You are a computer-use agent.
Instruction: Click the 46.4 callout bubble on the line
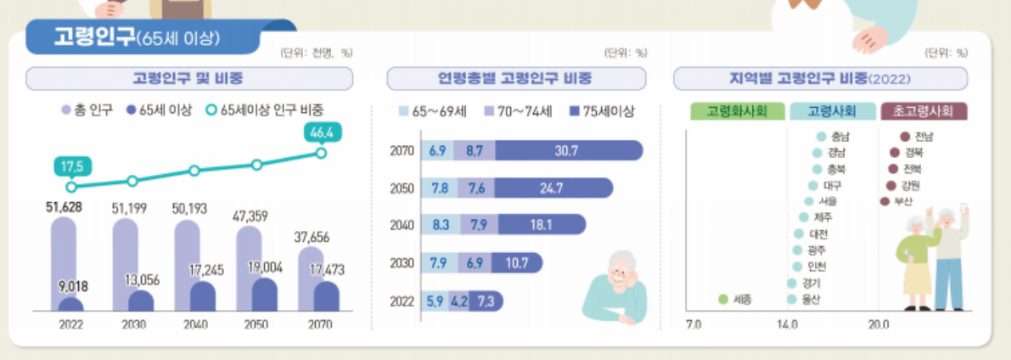click(x=321, y=134)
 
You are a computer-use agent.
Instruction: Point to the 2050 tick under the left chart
click(x=256, y=324)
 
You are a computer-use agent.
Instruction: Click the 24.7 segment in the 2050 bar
click(x=551, y=188)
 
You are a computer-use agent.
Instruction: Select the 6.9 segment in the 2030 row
click(x=474, y=263)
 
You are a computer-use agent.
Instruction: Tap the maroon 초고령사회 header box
click(x=924, y=111)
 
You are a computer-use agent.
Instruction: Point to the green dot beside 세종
click(x=723, y=299)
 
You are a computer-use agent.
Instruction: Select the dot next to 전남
click(x=905, y=136)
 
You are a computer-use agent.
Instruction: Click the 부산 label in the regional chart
click(x=902, y=201)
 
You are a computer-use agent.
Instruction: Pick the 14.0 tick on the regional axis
click(x=787, y=324)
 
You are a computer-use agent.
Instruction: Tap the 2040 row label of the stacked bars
click(x=402, y=225)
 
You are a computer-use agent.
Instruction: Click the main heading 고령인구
click(x=93, y=37)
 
